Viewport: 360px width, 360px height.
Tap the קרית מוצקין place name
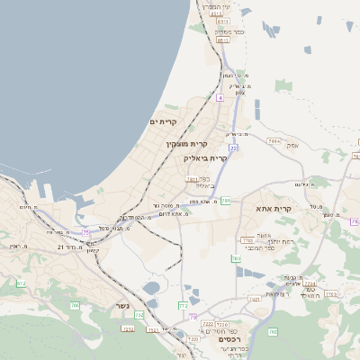click(x=186, y=143)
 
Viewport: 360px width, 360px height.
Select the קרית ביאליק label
click(x=204, y=157)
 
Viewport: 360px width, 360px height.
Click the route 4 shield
click(x=220, y=96)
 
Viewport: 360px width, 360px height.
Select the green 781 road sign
click(x=226, y=200)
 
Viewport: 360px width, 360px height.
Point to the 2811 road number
click(x=192, y=179)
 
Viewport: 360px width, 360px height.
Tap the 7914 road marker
click(x=274, y=141)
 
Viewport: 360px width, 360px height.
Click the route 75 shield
click(x=86, y=232)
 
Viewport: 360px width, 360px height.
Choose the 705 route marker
click(x=75, y=307)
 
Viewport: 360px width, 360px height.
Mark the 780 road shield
click(x=237, y=258)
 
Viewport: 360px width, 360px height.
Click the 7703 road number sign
click(x=247, y=240)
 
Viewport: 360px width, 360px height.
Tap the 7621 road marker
click(x=254, y=298)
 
